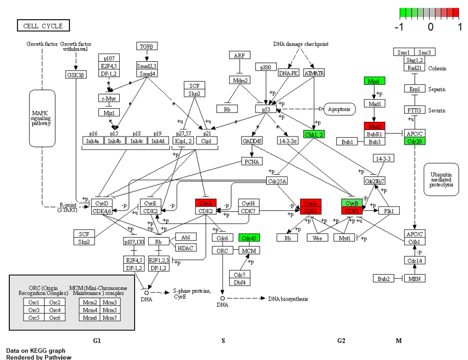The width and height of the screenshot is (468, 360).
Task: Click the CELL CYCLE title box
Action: point(43,26)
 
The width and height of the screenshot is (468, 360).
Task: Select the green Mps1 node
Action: point(375,81)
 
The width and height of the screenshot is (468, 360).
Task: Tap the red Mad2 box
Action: point(375,126)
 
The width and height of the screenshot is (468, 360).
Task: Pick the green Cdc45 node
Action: point(249,238)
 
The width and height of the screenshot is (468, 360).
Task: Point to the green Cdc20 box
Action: point(414,141)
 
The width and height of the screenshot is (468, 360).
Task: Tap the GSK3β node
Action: point(75,75)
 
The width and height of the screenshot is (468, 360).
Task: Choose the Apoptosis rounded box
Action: point(339,109)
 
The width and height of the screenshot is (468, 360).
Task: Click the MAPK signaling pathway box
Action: point(42,118)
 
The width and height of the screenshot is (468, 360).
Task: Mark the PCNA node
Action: point(253,161)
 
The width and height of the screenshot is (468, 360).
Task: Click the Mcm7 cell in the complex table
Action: point(110,317)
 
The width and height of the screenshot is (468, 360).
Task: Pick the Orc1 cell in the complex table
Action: point(36,302)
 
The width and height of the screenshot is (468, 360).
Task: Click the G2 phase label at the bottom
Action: point(341,341)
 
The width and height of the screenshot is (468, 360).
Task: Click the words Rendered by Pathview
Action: point(38,357)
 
